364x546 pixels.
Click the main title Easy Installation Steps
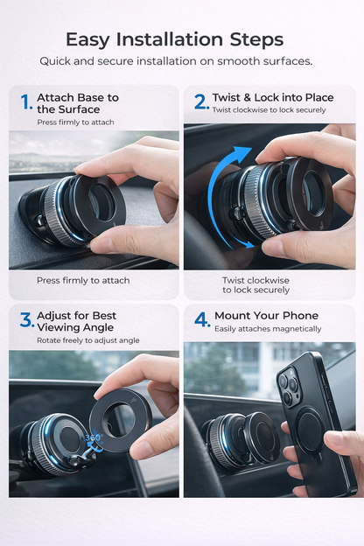[x=174, y=39]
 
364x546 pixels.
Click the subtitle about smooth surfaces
[x=176, y=61]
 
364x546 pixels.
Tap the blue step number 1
[x=26, y=103]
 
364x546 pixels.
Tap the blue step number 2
[x=201, y=101]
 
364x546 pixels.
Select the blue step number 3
[x=26, y=320]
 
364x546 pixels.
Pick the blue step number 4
[x=202, y=320]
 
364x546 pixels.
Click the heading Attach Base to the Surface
[x=78, y=103]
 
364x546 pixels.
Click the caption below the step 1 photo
[x=83, y=280]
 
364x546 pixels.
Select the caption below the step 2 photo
[x=255, y=285]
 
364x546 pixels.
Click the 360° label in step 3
[x=93, y=437]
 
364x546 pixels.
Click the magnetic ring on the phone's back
[x=310, y=430]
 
